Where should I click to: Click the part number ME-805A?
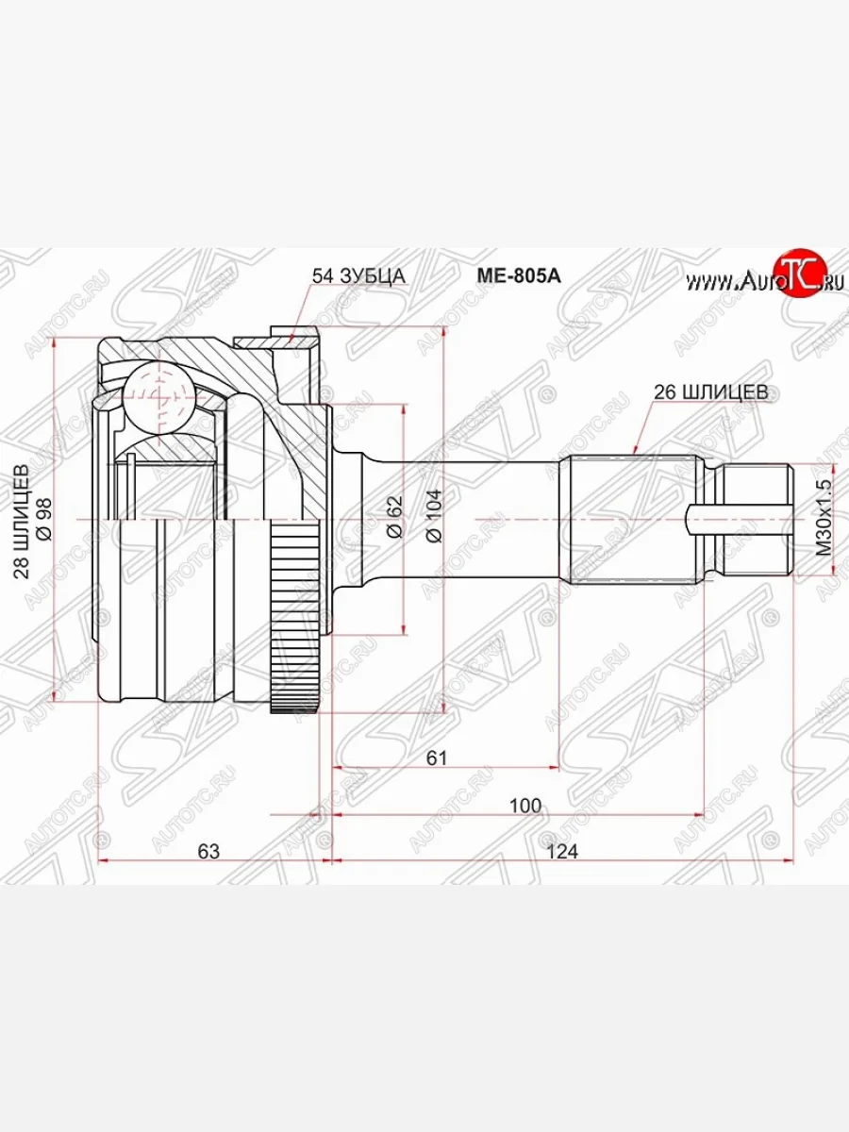coord(517,275)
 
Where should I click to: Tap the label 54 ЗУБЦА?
coord(358,275)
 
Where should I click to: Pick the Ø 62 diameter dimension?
coord(393,517)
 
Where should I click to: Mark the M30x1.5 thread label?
coord(824,517)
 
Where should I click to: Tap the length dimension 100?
coord(524,806)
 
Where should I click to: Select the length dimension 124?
coord(560,851)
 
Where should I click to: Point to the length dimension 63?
coord(208,851)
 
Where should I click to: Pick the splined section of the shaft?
coord(632,519)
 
